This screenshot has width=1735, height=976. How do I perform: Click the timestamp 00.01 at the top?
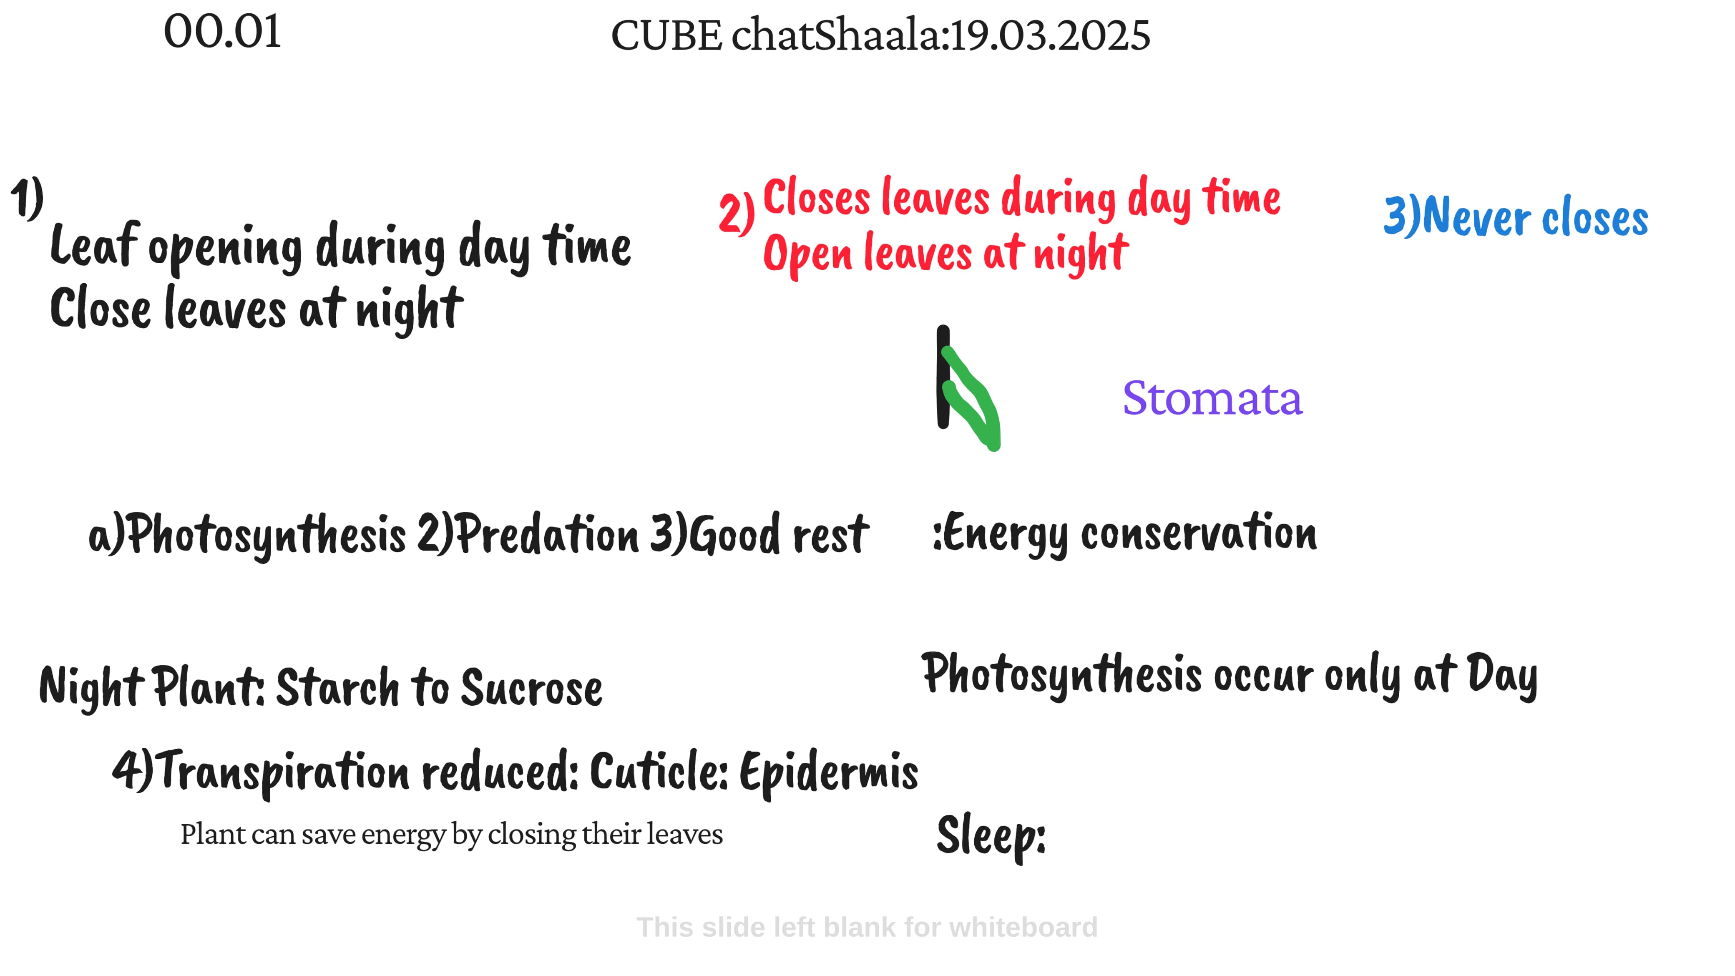pyautogui.click(x=222, y=32)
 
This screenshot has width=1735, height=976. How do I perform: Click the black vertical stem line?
pyautogui.click(x=943, y=377)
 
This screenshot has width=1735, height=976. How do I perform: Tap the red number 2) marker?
pyautogui.click(x=736, y=214)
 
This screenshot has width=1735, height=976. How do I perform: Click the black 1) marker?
pyautogui.click(x=27, y=198)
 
